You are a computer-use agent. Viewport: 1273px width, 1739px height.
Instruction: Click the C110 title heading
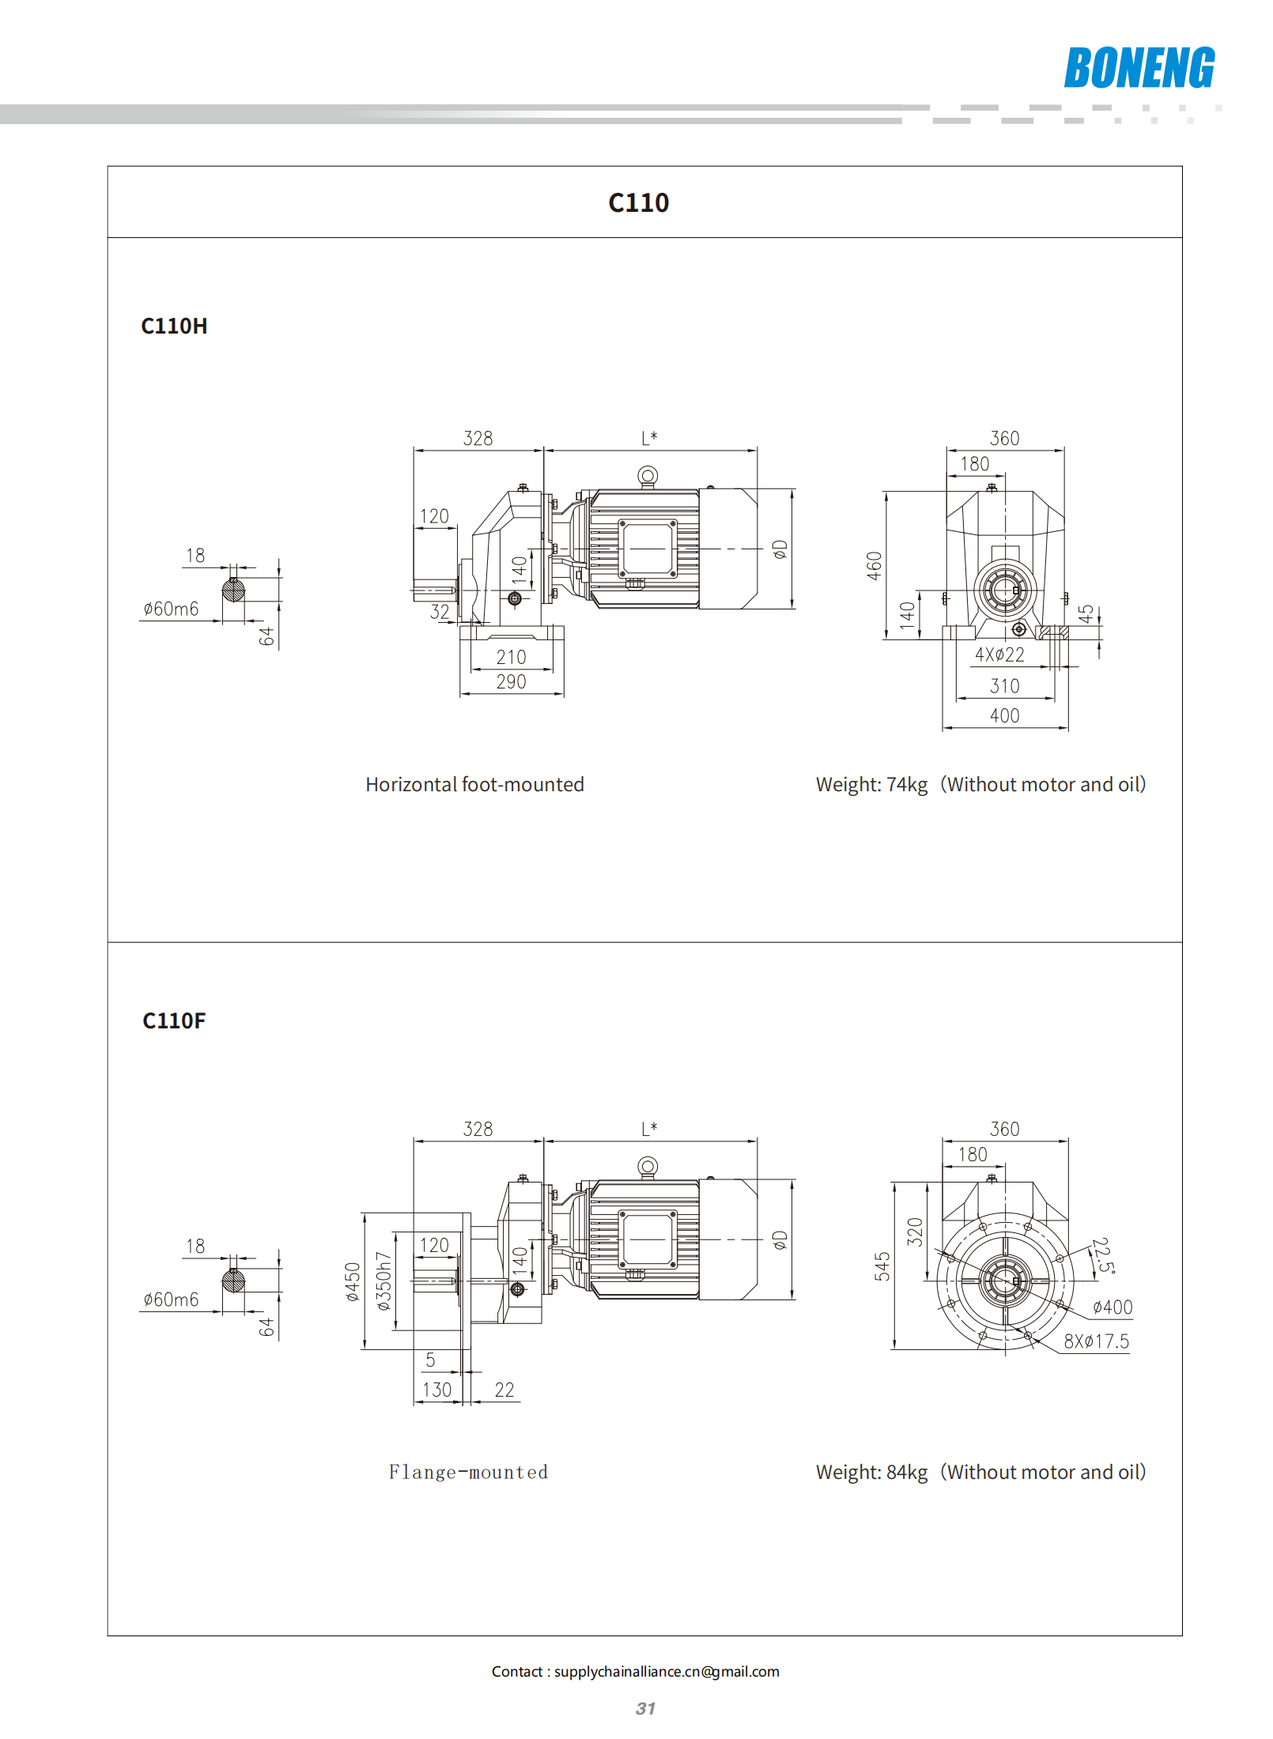click(639, 203)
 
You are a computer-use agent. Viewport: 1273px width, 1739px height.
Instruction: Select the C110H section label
click(174, 326)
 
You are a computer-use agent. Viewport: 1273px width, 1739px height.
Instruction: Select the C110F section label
click(174, 1020)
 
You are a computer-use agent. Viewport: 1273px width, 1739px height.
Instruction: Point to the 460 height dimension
click(874, 566)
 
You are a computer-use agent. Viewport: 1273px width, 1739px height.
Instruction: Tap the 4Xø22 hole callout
click(999, 654)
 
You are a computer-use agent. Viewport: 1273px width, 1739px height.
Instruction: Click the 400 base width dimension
click(1005, 715)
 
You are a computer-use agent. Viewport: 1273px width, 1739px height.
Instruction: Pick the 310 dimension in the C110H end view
click(1005, 686)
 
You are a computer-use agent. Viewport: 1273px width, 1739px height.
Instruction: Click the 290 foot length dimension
click(511, 681)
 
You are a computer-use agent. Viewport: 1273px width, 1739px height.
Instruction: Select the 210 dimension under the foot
click(511, 657)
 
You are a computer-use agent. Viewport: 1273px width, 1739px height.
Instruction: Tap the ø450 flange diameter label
click(353, 1281)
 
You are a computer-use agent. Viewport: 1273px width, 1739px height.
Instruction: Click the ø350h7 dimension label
click(383, 1281)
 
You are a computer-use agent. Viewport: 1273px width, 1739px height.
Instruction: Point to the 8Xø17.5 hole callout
click(1097, 1341)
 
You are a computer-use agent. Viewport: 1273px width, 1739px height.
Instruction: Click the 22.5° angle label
click(1103, 1256)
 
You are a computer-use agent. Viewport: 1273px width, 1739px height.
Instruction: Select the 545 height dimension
click(882, 1266)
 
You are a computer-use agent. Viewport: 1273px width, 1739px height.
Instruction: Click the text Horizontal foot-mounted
click(474, 784)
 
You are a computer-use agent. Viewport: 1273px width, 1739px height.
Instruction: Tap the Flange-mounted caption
click(468, 1472)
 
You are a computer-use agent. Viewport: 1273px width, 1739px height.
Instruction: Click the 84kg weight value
click(907, 1472)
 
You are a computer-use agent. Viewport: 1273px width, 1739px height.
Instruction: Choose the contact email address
click(667, 1671)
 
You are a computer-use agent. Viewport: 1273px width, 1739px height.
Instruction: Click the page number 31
click(645, 1708)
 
